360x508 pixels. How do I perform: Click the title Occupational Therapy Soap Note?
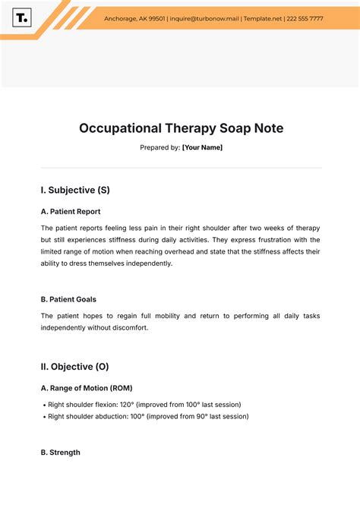pos(181,128)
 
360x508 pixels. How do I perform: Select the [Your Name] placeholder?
pos(202,147)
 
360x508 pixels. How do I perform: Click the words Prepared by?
pos(159,147)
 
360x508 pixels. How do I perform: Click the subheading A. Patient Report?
pos(71,212)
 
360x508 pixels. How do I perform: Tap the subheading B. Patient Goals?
pos(68,299)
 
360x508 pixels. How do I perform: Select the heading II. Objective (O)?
pos(74,366)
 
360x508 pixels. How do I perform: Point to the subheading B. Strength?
pos(60,453)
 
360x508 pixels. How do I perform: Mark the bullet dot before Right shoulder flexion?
pos(43,404)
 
